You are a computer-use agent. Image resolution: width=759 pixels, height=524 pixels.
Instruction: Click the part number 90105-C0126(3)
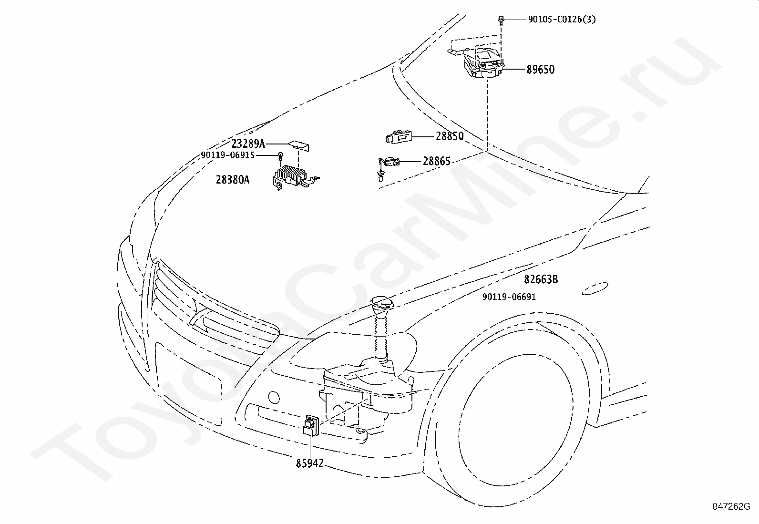562,20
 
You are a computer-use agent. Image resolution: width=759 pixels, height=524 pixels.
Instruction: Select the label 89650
541,70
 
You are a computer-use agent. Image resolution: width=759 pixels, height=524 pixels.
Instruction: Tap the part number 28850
450,136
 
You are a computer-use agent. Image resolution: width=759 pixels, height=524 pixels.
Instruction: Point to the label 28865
437,161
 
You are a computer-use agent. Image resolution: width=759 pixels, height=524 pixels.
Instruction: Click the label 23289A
248,144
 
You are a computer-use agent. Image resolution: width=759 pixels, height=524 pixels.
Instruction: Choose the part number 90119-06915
228,155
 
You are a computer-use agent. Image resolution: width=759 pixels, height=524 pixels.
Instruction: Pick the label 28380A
233,180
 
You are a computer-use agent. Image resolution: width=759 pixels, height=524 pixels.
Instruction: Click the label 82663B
541,279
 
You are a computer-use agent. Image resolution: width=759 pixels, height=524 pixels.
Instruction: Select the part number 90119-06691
509,297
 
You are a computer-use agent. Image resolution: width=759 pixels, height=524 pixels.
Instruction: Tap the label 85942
310,463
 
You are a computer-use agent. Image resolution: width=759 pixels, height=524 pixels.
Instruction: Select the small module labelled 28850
399,136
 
